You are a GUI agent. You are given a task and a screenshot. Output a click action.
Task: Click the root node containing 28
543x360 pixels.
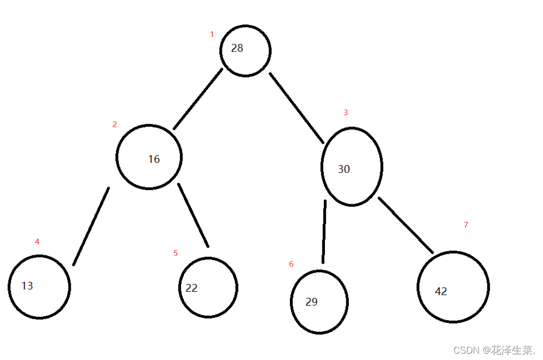(245, 51)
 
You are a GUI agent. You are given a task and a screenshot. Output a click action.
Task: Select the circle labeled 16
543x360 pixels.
(149, 157)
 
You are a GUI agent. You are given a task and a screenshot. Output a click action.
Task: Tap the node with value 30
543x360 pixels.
(352, 167)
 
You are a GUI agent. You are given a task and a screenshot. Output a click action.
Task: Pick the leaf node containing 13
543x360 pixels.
(39, 287)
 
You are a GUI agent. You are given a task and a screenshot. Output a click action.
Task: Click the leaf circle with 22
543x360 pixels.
(208, 288)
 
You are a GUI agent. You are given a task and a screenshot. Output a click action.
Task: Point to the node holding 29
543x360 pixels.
(319, 302)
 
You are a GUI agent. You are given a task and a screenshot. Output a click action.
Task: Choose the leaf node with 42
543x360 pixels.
(453, 287)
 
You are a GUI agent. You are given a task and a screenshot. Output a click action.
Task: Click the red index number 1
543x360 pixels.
(212, 34)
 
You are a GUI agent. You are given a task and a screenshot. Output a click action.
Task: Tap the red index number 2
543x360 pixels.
(115, 125)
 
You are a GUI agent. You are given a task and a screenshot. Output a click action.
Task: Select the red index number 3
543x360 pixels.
(345, 113)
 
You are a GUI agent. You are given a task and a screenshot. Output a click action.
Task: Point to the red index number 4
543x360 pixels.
(37, 242)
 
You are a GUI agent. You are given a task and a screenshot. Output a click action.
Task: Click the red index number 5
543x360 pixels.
(175, 253)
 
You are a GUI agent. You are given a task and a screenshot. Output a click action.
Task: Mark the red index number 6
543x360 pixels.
(291, 264)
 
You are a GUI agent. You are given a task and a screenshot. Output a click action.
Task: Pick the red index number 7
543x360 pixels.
(466, 225)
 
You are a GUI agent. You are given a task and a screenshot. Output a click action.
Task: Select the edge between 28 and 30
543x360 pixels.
(297, 107)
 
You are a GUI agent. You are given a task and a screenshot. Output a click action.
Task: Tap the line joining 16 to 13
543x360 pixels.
(91, 226)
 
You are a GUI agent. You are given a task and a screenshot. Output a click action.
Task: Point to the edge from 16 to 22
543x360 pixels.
(193, 215)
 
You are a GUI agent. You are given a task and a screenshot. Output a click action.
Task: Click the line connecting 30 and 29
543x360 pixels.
(324, 232)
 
